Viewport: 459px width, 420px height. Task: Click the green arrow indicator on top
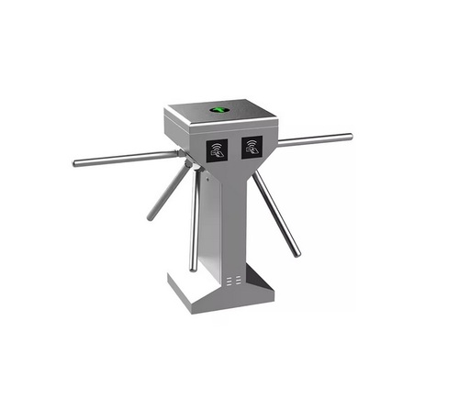pos(220,112)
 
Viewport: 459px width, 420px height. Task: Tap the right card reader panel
pos(252,148)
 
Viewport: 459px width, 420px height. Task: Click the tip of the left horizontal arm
pos(76,165)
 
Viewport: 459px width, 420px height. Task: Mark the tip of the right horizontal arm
pos(349,138)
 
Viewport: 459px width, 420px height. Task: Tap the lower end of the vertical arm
pos(193,269)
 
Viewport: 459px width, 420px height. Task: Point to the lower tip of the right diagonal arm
pos(297,254)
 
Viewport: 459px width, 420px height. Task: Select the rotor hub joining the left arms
pos(188,165)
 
